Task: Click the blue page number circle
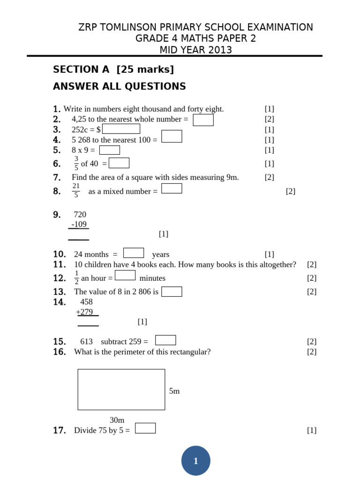tap(195, 461)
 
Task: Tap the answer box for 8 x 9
tap(109, 150)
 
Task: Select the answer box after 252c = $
tap(121, 129)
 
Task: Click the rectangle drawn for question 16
tap(121, 390)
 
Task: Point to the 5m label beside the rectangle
tap(174, 391)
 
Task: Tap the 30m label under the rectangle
tap(117, 420)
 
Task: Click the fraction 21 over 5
tap(76, 191)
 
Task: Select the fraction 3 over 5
tap(76, 164)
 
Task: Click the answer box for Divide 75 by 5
tap(145, 428)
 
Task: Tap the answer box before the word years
tap(133, 253)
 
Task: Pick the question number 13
tap(60, 292)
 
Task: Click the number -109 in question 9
tap(79, 225)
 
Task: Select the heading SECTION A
tap(81, 69)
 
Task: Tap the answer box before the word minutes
tap(125, 276)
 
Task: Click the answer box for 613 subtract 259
tap(165, 340)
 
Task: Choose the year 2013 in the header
tap(220, 50)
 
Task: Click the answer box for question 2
tap(203, 120)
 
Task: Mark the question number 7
tap(57, 177)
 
